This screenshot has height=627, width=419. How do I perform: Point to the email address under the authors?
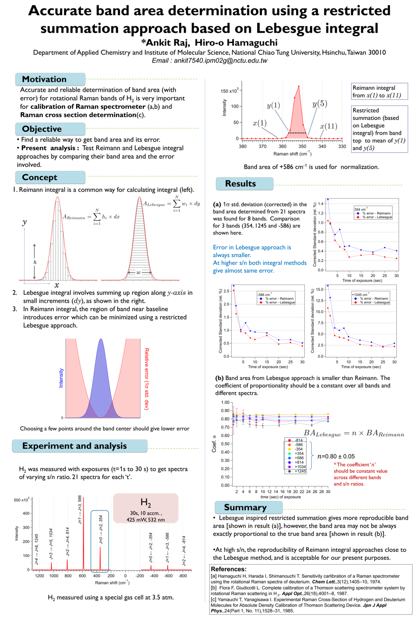[209, 60]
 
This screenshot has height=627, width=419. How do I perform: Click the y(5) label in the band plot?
[320, 104]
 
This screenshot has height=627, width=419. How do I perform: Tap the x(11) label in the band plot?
[328, 126]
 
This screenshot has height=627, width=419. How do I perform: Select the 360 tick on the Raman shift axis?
[282, 146]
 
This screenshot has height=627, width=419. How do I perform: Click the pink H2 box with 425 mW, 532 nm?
[146, 508]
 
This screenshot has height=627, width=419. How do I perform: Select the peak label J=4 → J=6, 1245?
[37, 549]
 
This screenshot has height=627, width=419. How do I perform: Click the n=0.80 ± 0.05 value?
[336, 456]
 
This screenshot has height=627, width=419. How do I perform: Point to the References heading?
[228, 569]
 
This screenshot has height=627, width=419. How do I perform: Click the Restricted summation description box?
[380, 129]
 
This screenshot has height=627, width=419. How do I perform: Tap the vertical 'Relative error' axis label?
[147, 379]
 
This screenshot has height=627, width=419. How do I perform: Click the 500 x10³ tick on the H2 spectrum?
[22, 500]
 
